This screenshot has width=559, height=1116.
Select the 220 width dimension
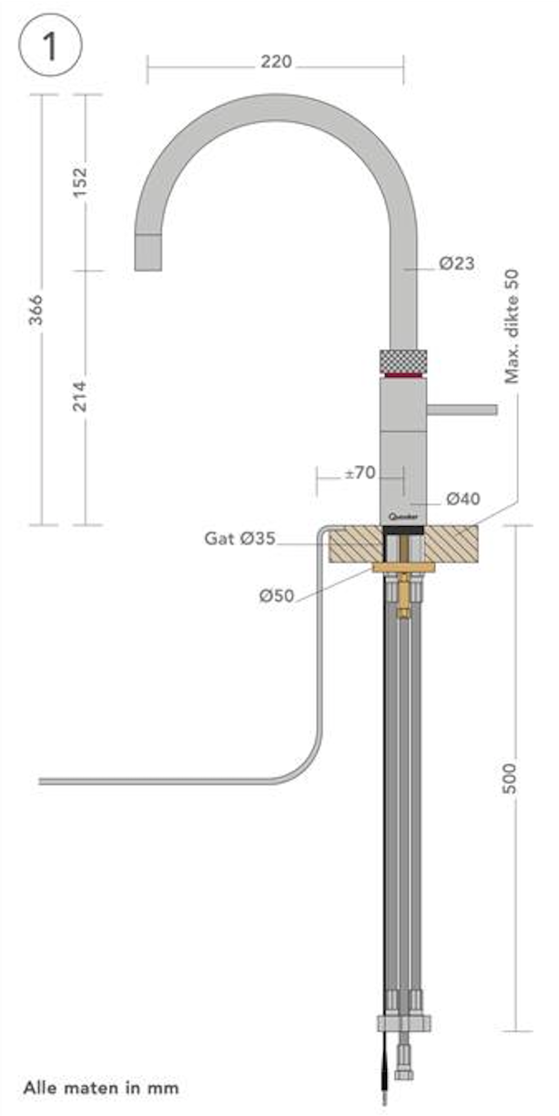[x=276, y=62]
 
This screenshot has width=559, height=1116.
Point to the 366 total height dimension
[x=36, y=310]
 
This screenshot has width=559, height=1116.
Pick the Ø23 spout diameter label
[x=456, y=264]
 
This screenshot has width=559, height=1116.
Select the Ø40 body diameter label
[x=462, y=498]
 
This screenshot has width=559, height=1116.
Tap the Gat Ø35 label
[x=239, y=539]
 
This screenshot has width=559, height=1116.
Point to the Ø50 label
[x=276, y=596]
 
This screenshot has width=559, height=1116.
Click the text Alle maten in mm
[x=101, y=1087]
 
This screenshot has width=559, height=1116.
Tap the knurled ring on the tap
[x=402, y=359]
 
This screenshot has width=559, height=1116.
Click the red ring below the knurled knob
[x=402, y=374]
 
